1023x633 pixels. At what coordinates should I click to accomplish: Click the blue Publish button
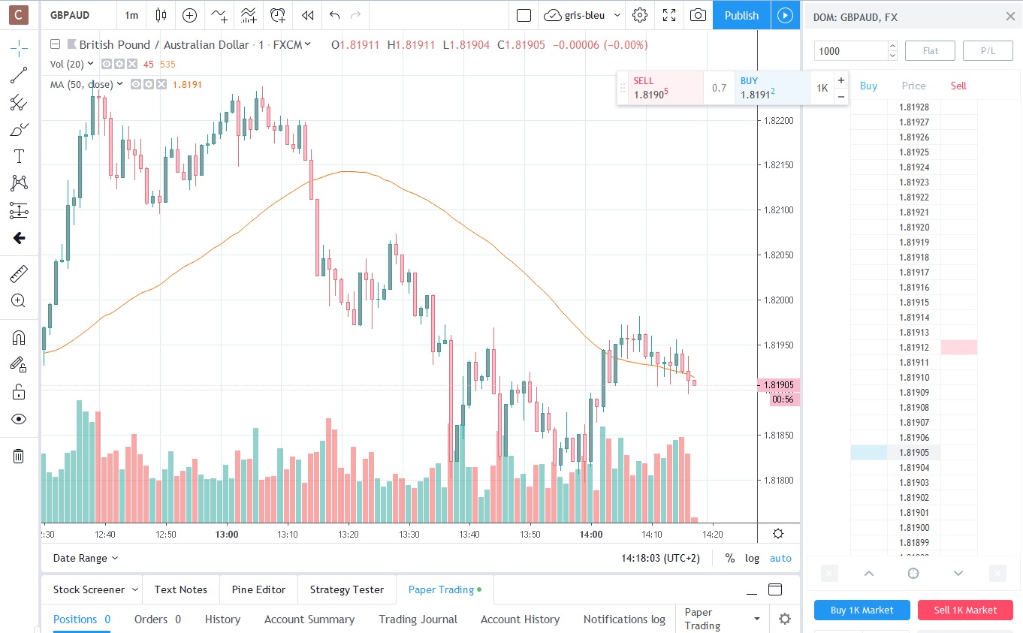coord(741,15)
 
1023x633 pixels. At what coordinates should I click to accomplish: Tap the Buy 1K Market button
coord(862,610)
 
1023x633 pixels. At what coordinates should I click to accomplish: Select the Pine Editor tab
coord(258,589)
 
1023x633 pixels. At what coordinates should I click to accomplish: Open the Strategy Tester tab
coord(346,589)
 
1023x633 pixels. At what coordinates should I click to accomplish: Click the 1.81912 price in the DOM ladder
coord(913,348)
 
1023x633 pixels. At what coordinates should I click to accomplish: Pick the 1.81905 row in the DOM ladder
coord(913,453)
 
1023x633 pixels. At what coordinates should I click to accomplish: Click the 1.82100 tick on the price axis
coord(779,210)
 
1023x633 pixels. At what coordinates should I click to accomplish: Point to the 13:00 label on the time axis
coord(226,535)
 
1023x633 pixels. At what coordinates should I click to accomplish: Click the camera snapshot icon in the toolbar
coord(698,15)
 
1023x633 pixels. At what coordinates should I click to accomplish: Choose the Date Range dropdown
coord(86,558)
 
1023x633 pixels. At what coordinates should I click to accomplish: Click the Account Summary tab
coord(309,619)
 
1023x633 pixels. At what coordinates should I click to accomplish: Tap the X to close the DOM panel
coord(1009,17)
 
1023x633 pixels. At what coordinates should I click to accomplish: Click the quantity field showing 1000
coord(849,51)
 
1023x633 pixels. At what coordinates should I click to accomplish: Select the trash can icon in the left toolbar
coord(19,456)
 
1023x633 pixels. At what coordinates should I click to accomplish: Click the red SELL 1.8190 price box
coord(660,88)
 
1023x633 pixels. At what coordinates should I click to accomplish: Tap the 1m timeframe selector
coord(131,15)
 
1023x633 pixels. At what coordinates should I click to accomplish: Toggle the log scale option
coord(752,558)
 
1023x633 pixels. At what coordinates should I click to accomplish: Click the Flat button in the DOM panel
coord(930,51)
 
